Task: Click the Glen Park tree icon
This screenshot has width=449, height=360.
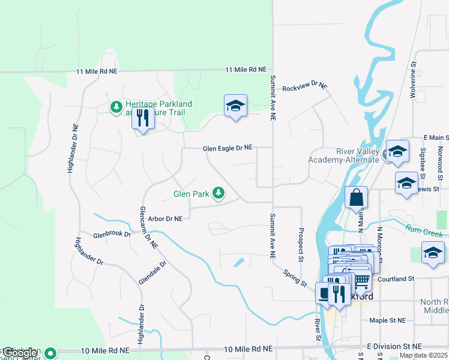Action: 220,193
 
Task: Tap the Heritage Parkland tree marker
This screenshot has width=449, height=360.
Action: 116,107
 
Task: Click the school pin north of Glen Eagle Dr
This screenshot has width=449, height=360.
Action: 235,107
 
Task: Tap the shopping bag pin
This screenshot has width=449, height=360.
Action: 356,198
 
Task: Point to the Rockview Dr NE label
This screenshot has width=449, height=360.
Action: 305,86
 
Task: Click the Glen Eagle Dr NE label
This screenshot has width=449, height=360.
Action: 228,148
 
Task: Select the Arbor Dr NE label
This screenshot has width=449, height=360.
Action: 164,220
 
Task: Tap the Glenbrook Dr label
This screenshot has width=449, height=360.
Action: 112,235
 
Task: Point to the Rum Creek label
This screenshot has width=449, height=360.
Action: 424,230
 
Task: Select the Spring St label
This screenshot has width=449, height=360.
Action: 295,277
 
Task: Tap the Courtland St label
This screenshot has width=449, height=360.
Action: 396,279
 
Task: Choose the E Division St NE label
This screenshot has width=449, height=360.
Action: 394,347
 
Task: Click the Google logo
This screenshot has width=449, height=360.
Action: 20,353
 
